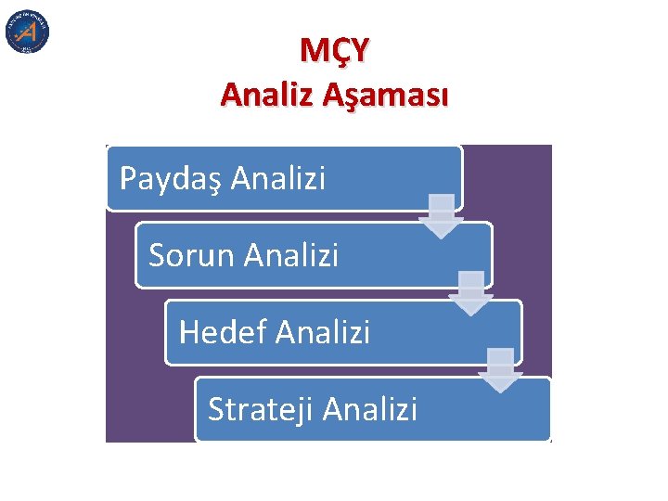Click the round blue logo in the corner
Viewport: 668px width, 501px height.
point(27,32)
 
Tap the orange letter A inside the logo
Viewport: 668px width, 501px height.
point(28,32)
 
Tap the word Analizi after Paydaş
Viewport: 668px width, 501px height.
point(279,177)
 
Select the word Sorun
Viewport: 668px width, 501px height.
point(191,254)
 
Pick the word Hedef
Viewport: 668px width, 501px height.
point(223,331)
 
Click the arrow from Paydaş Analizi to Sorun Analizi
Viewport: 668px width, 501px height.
point(441,216)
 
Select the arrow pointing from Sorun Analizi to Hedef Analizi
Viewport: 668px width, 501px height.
point(470,293)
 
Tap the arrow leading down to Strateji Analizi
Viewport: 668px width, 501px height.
point(500,370)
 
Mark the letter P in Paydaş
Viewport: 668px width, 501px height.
point(127,177)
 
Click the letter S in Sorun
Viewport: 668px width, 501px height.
point(157,254)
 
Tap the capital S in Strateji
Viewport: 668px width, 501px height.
point(216,408)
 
